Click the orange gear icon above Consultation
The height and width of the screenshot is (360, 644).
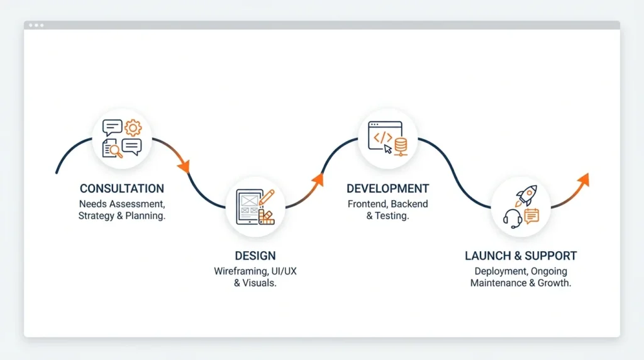[x=133, y=128]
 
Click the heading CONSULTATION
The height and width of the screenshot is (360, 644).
[x=122, y=188]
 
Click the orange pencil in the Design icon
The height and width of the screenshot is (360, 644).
[x=267, y=196]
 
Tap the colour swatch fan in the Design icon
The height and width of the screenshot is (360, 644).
[x=266, y=217]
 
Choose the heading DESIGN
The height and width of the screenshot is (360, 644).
[x=255, y=256]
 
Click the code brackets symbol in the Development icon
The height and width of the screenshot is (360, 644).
[x=382, y=137]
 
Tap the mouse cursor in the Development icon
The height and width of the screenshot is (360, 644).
[x=388, y=149]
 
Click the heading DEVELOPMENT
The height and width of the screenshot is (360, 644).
[x=387, y=188]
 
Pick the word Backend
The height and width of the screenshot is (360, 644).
[x=408, y=204]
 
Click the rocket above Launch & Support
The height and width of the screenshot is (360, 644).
[x=526, y=196]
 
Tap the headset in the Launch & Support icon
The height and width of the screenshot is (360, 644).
[x=513, y=218]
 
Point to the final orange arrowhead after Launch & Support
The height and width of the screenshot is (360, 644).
[x=584, y=179]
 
